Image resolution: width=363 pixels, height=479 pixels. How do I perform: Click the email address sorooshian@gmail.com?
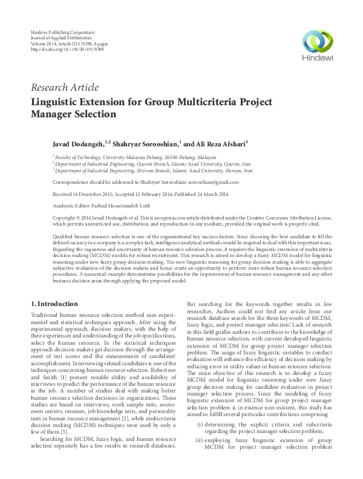(214, 182)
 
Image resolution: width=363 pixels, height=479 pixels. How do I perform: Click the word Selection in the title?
(98, 114)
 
